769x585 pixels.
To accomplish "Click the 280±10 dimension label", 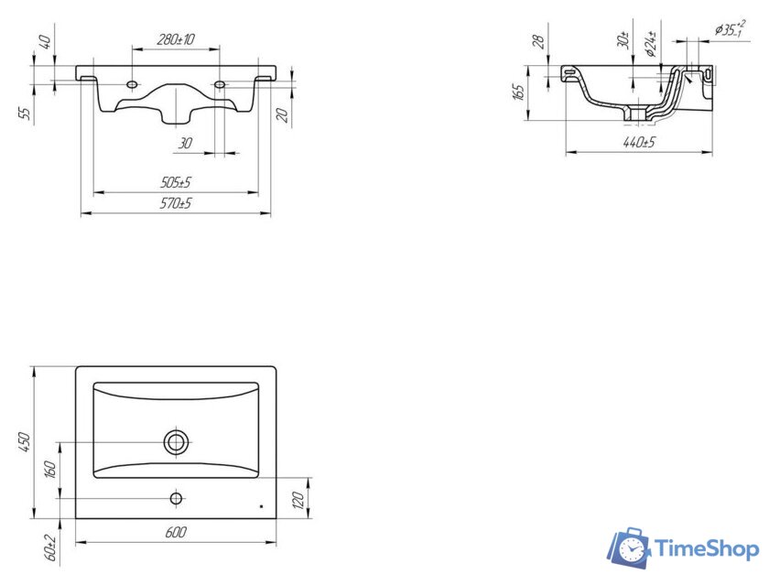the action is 176,39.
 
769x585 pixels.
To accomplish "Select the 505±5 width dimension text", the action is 176,182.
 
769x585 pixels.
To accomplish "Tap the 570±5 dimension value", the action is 176,203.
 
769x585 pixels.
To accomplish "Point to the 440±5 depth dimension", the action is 639,143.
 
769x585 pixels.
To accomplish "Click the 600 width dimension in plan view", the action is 176,532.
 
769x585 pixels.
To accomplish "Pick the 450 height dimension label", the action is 25,442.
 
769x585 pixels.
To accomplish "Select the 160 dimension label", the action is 50,470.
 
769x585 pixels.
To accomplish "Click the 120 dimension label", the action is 298,499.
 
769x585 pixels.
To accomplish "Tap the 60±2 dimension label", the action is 50,547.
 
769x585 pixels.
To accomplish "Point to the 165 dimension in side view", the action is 518,92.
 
